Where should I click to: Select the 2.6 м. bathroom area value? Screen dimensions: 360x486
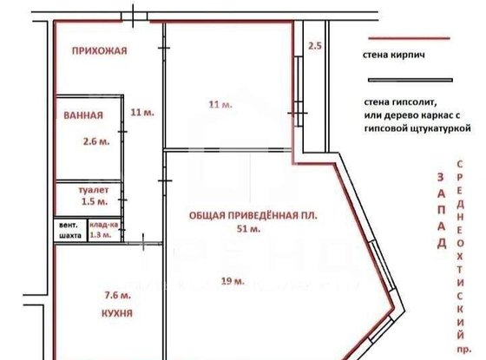click(95, 141)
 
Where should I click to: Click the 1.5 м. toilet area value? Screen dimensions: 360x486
click(94, 201)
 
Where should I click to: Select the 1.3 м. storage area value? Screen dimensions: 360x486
click(102, 234)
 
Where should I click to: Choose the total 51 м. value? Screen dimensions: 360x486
click(249, 230)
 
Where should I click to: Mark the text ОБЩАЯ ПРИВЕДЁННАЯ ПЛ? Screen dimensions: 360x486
click(248, 215)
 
